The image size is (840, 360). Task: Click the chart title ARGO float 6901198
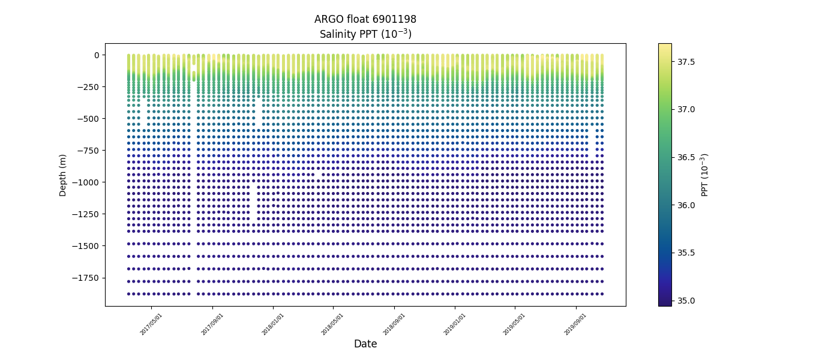point(365,19)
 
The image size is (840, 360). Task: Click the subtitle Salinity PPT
point(365,34)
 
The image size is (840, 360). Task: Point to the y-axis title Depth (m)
point(63,175)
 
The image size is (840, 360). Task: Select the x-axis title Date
point(365,344)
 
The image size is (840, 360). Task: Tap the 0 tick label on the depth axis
point(96,55)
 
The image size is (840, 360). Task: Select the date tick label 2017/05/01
point(151,324)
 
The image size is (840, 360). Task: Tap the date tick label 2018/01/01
point(272,324)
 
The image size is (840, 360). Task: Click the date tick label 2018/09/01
point(394,324)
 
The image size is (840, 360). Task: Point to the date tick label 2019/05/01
point(514,324)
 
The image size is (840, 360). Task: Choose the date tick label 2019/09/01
point(575,324)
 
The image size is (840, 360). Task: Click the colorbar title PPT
point(705,175)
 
